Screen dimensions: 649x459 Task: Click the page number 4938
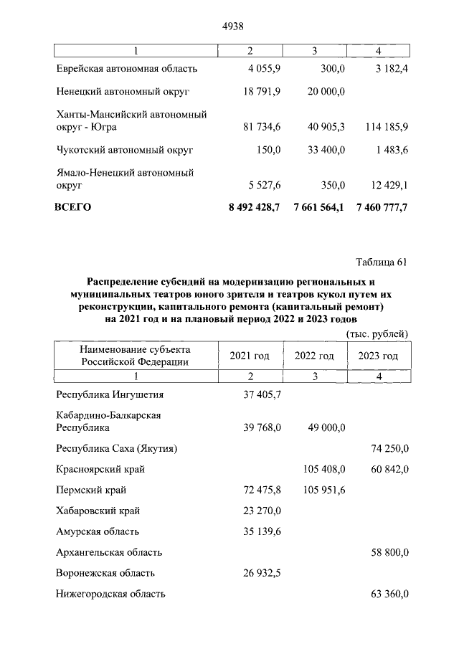click(x=229, y=27)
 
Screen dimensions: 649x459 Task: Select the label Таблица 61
click(x=382, y=262)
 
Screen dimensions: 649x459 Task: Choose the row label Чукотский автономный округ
click(x=124, y=150)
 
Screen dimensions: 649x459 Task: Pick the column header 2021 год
click(x=250, y=356)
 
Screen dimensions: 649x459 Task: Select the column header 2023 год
click(x=378, y=356)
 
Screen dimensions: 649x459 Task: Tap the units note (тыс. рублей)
click(x=377, y=333)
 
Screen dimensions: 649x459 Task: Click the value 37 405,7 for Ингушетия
click(x=258, y=394)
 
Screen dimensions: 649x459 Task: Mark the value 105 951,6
click(x=321, y=491)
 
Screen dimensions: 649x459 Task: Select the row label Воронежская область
click(x=105, y=573)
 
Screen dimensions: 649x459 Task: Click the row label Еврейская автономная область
click(x=126, y=69)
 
